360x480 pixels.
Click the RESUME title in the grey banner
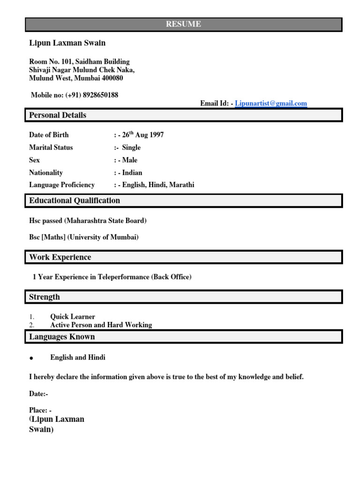[183, 24]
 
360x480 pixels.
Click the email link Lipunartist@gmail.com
[271, 104]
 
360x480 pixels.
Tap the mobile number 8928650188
[100, 95]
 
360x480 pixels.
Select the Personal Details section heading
[58, 115]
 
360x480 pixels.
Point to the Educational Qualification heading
[75, 201]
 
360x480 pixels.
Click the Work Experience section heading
[60, 257]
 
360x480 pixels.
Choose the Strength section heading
[45, 297]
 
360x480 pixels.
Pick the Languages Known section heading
[62, 337]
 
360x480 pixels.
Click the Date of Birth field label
[49, 135]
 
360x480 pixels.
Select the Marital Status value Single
[131, 148]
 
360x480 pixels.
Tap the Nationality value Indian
[132, 173]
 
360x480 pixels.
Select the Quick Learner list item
[73, 317]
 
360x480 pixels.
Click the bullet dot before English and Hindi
[31, 358]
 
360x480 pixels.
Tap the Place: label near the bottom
[40, 410]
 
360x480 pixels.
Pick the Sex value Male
[130, 160]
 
